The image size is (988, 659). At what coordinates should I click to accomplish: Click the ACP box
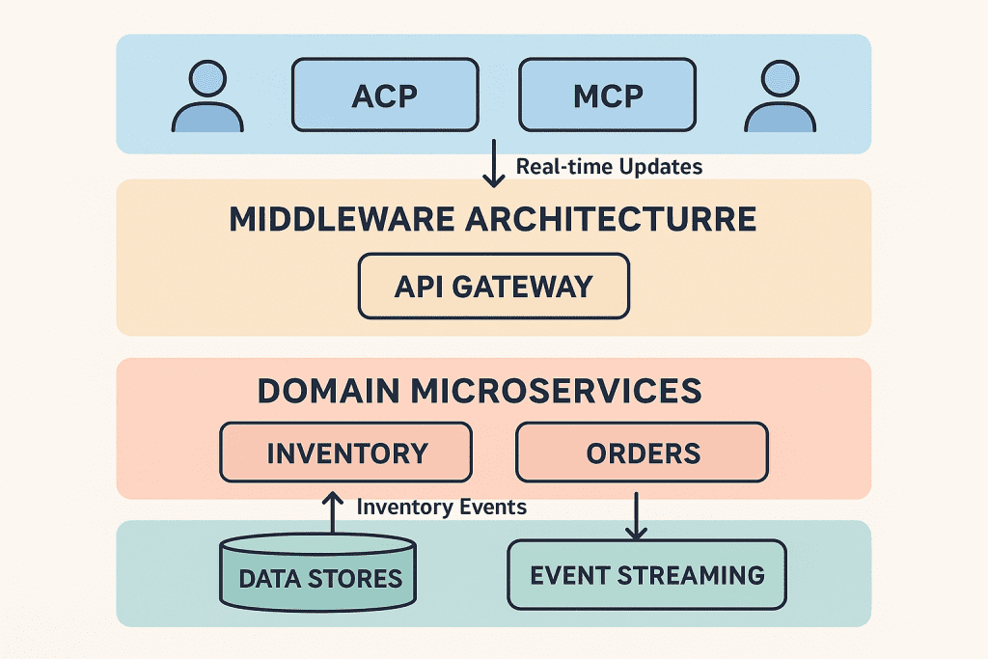pyautogui.click(x=385, y=96)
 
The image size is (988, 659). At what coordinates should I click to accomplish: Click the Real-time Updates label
pyautogui.click(x=609, y=166)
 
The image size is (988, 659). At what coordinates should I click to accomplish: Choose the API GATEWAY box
pyautogui.click(x=493, y=287)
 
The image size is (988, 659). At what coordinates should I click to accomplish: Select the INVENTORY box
pyautogui.click(x=346, y=453)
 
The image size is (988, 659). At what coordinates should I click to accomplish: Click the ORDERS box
pyautogui.click(x=643, y=453)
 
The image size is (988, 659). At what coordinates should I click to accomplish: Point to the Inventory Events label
pyautogui.click(x=442, y=507)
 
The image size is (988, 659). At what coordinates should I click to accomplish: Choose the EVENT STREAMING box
pyautogui.click(x=646, y=575)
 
